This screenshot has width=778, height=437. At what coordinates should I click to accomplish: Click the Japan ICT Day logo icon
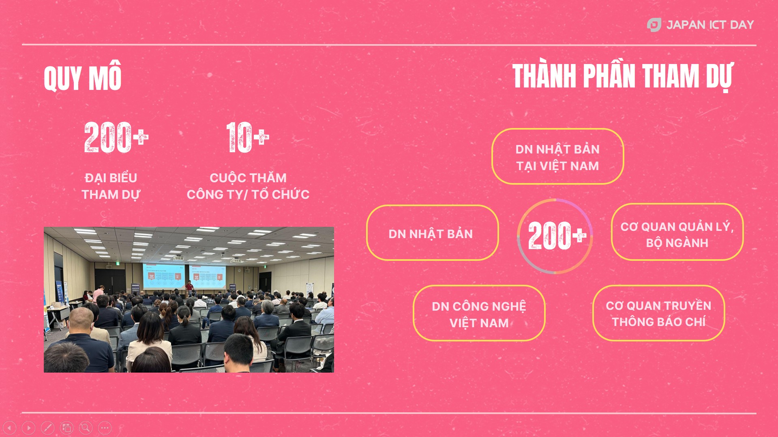654,25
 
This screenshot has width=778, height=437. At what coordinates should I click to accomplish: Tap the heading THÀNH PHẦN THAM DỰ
623,76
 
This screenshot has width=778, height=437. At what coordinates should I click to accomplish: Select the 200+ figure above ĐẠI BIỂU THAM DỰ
116,138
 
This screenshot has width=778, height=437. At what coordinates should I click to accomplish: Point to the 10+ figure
248,138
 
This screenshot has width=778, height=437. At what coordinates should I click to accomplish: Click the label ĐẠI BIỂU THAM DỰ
111,186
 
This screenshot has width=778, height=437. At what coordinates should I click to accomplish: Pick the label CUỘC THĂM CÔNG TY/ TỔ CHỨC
248,186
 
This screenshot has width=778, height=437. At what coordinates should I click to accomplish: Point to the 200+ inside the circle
557,236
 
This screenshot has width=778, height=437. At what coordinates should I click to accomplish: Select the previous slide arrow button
9,428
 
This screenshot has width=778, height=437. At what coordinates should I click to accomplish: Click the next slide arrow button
28,428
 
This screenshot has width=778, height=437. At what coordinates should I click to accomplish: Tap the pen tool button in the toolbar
47,428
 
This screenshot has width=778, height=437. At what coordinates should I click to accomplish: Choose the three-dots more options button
105,428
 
